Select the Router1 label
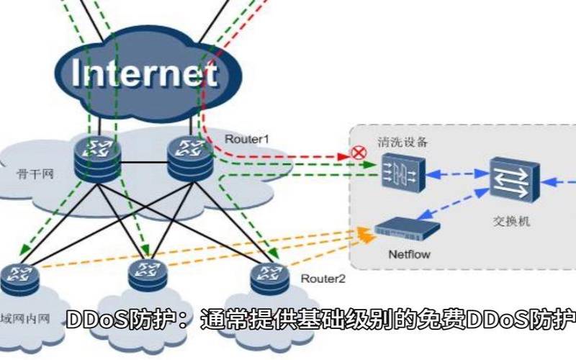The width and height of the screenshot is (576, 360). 246,138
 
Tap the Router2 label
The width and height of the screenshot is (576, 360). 323,278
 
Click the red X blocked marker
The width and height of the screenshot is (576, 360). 356,152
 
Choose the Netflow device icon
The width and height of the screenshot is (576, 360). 407,230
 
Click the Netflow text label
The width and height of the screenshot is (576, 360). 408,254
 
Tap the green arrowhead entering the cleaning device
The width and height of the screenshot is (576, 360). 372,166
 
